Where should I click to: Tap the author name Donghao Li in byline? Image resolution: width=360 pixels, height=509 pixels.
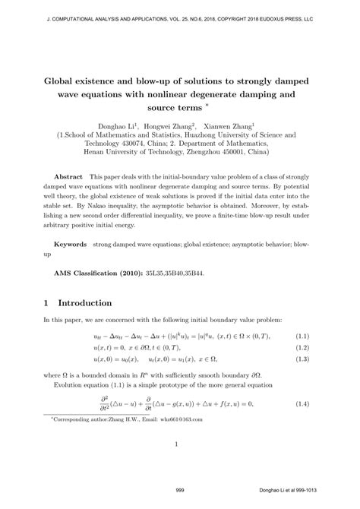pos(116,126)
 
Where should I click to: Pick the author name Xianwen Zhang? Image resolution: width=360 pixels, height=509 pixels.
pos(232,126)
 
